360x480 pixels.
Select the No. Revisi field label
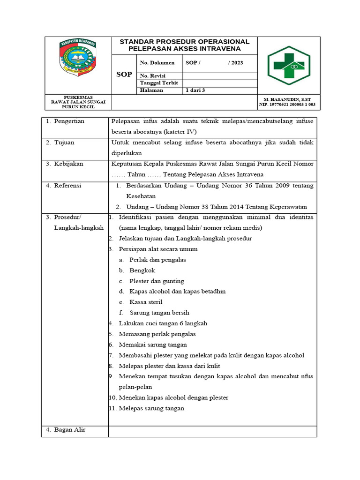[x=153, y=76]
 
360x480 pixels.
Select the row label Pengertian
[x=69, y=121]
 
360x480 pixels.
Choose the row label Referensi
[x=67, y=186]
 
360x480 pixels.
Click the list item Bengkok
[x=142, y=270]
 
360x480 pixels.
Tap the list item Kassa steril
[x=146, y=302]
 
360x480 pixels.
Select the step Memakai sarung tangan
[x=153, y=345]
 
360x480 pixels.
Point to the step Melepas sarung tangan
[x=151, y=408]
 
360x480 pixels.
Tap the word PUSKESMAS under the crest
[x=78, y=97]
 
